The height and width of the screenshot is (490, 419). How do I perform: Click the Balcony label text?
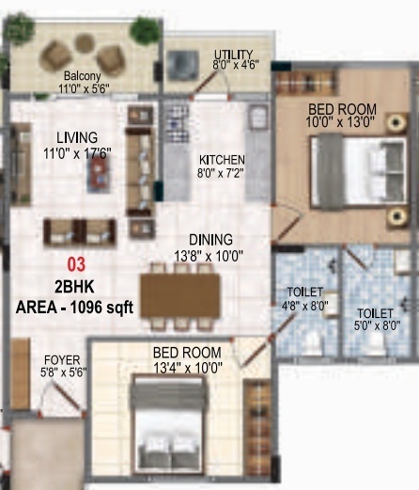[83, 76]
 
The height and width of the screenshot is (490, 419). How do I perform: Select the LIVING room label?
[76, 136]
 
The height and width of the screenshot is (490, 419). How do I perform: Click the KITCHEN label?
[223, 160]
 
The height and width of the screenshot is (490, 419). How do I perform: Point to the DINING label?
[209, 240]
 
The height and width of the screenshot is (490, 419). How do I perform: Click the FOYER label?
[61, 360]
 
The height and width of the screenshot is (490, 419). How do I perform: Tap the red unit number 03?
[74, 264]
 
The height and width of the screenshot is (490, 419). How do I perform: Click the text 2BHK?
[73, 285]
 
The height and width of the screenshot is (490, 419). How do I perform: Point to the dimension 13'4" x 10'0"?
[188, 368]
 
